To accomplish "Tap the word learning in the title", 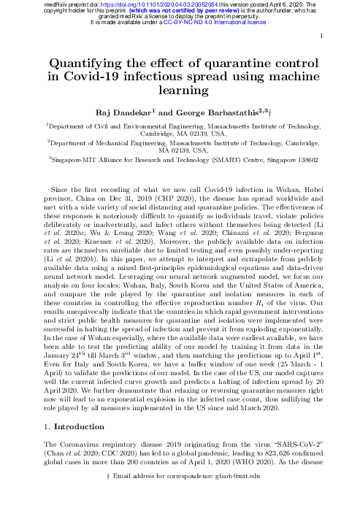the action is (x=180, y=92).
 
